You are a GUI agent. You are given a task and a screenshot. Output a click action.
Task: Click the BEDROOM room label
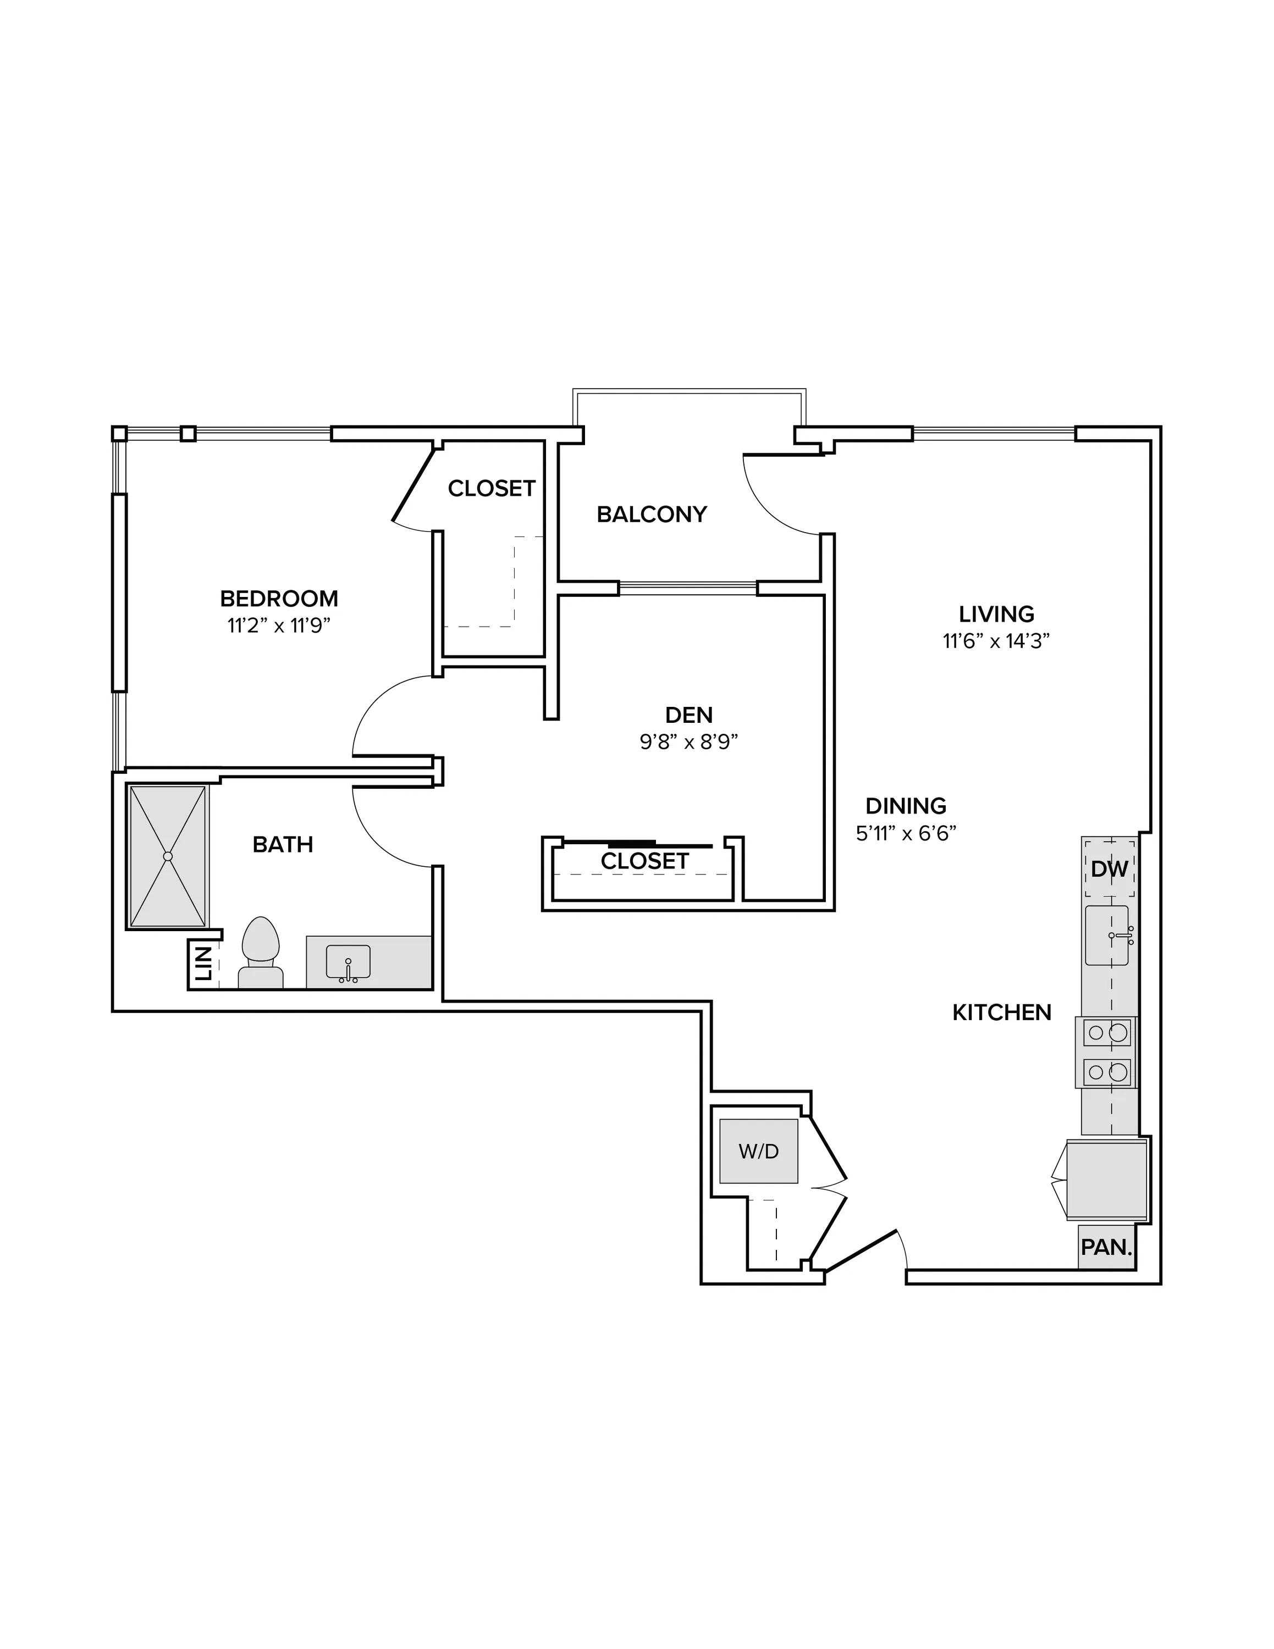tap(279, 599)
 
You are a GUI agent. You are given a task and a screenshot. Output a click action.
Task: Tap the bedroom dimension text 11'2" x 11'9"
tap(279, 626)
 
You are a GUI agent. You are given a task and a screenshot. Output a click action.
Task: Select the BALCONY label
tap(652, 514)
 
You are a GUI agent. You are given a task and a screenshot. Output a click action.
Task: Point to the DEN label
tap(689, 714)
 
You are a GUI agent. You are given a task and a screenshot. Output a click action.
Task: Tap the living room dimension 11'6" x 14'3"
tap(997, 641)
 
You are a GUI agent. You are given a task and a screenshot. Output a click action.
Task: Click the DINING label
tap(906, 806)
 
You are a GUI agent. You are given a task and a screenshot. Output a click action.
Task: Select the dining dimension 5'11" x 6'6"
tap(906, 833)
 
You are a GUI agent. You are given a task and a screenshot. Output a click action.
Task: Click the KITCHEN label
tap(1001, 1012)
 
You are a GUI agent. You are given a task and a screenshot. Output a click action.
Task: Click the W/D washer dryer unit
tap(759, 1150)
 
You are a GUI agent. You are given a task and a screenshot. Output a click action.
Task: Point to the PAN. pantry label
tap(1107, 1247)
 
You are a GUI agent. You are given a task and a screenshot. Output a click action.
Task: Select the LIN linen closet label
tap(203, 965)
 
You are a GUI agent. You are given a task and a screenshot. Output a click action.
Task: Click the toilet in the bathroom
tap(261, 953)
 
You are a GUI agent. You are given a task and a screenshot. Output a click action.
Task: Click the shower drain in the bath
tap(168, 856)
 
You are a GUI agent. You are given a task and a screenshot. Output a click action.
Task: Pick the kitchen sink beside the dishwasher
tap(1107, 936)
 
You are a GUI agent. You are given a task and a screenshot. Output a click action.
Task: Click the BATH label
tap(283, 844)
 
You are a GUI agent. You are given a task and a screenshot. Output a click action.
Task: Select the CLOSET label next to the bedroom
tap(492, 489)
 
